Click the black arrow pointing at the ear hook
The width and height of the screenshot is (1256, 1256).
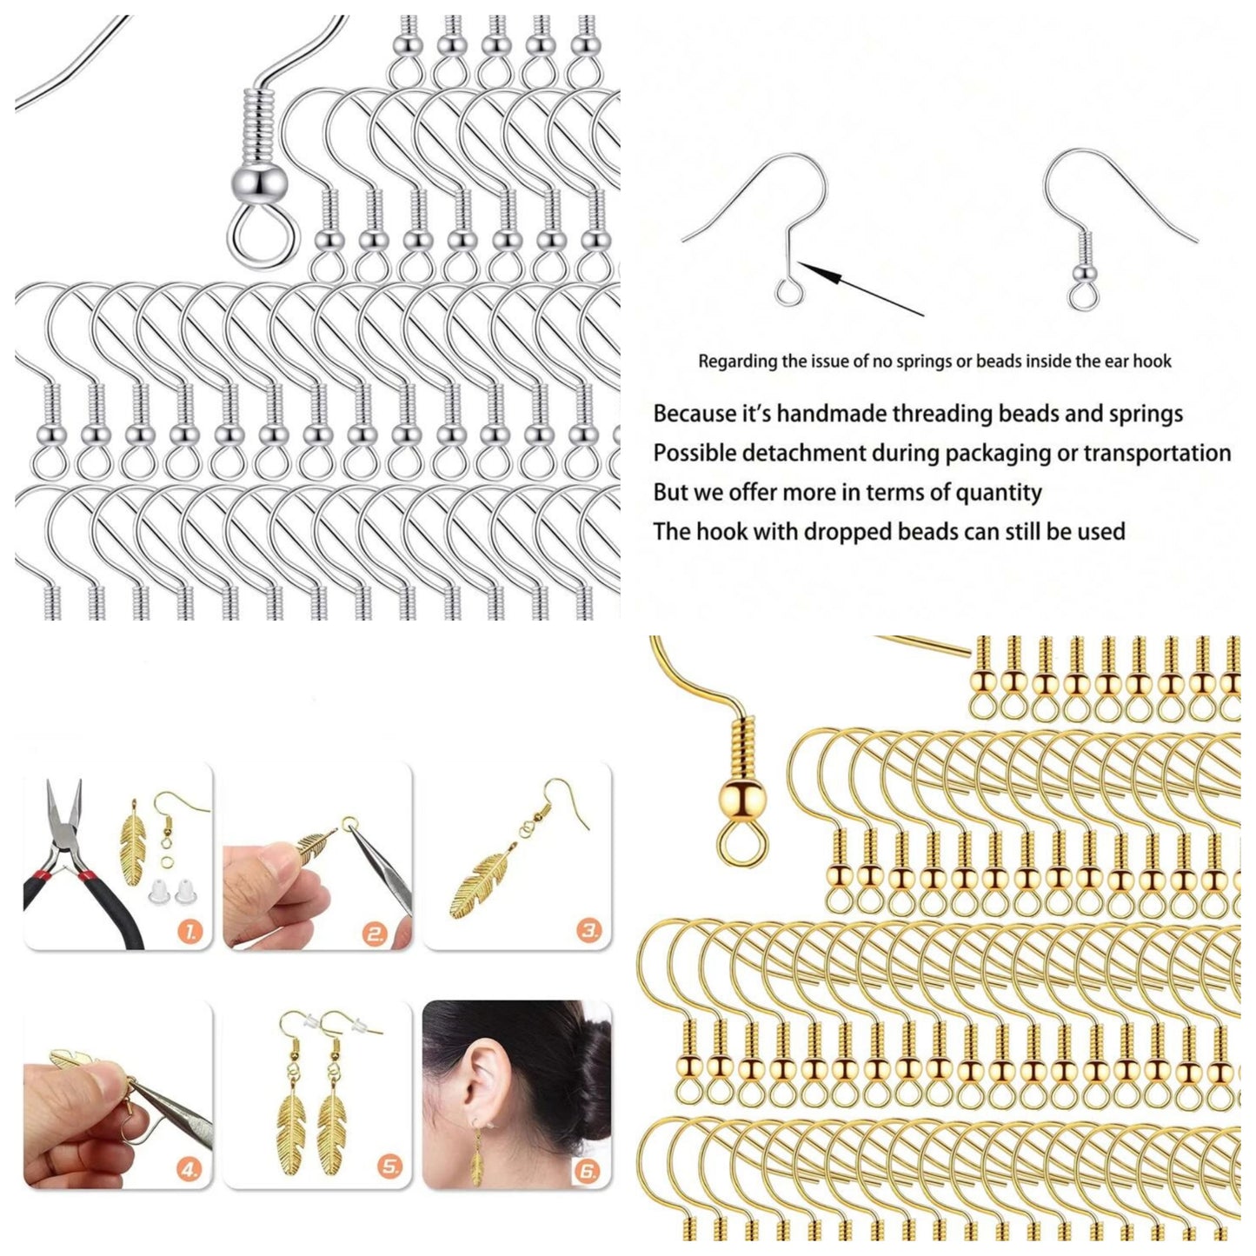tap(861, 289)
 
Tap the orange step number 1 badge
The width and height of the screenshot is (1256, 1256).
tap(189, 933)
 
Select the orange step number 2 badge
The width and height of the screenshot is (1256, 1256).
tap(375, 934)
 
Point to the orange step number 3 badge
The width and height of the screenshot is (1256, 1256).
tap(588, 932)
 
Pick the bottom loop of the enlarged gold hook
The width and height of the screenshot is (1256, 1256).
tap(744, 848)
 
